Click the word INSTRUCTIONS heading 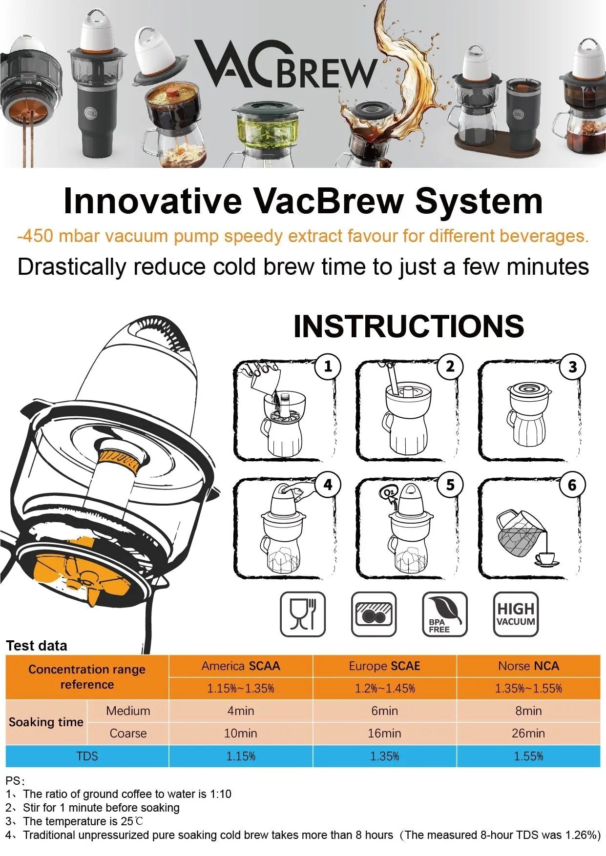[409, 326]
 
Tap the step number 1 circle [328, 367]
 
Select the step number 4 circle [328, 485]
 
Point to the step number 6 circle [572, 485]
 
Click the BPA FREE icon [444, 614]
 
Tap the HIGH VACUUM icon [516, 614]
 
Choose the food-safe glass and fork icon [303, 614]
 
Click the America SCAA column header [241, 666]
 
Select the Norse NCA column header [528, 666]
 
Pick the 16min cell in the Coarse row [384, 734]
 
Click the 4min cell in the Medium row [241, 711]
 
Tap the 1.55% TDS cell [528, 756]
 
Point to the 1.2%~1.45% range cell [384, 689]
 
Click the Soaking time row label [46, 722]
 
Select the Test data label [37, 646]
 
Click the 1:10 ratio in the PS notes [220, 794]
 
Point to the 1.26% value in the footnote [583, 835]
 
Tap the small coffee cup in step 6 [546, 559]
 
